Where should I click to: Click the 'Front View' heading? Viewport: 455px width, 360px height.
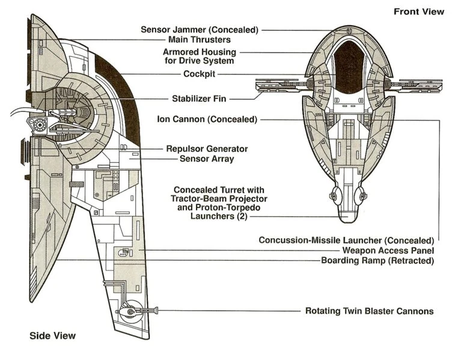(x=418, y=11)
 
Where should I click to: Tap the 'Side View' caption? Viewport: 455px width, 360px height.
(x=53, y=335)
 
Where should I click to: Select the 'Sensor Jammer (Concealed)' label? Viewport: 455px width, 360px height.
(x=199, y=29)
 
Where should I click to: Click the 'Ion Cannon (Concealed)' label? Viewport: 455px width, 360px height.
(x=207, y=120)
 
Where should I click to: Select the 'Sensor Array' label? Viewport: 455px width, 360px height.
(x=207, y=159)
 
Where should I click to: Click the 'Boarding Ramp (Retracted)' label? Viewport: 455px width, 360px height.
(x=377, y=260)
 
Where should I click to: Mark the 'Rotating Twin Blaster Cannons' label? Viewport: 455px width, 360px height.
(x=369, y=311)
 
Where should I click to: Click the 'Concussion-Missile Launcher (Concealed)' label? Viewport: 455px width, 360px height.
(x=346, y=240)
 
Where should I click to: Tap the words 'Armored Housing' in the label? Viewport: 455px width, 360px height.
(x=199, y=52)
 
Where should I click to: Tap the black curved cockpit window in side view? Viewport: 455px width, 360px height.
(x=123, y=90)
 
